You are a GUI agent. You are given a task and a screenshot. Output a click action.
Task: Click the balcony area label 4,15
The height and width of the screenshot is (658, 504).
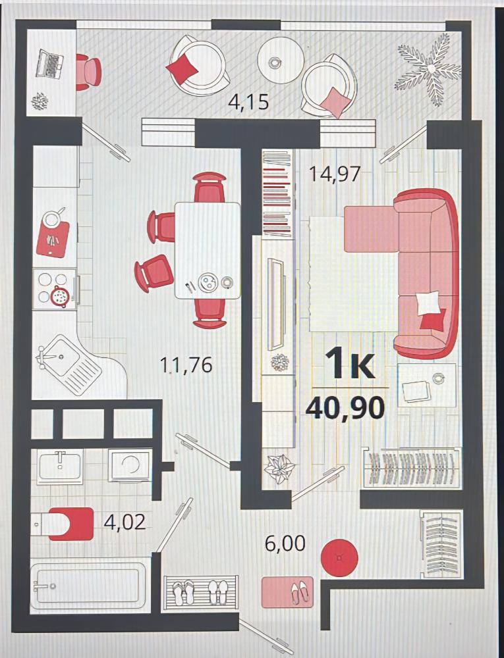coord(248,102)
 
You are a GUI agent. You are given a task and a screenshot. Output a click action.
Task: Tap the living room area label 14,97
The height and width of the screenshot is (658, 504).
coord(335,174)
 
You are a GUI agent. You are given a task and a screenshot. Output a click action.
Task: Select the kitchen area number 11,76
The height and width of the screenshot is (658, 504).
coord(186,365)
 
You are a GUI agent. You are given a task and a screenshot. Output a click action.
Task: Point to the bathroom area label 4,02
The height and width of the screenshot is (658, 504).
coord(125,522)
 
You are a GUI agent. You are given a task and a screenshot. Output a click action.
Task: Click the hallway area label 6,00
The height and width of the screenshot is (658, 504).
coord(285,544)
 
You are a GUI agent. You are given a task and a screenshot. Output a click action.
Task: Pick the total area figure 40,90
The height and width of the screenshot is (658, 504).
coord(345,408)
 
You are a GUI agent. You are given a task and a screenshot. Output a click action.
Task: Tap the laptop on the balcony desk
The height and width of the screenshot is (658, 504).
coord(49,63)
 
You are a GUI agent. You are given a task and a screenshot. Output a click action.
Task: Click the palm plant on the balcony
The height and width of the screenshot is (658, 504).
coord(430,68)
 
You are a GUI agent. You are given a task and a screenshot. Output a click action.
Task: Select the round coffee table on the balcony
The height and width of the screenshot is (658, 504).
coord(280,60)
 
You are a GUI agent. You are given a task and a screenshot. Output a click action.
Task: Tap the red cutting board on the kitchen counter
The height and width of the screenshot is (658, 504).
coord(53,240)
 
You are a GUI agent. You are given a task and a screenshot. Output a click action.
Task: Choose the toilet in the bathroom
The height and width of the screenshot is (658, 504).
coord(63,524)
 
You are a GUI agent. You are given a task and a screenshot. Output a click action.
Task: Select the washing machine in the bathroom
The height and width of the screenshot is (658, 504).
coord(130,465)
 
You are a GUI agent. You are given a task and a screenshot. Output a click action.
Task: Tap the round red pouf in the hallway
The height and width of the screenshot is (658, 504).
coord(339,558)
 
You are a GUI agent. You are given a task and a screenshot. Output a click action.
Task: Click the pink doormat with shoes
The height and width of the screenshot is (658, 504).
coord(287,592)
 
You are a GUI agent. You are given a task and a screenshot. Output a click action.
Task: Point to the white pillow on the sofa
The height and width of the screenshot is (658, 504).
coord(428,303)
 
